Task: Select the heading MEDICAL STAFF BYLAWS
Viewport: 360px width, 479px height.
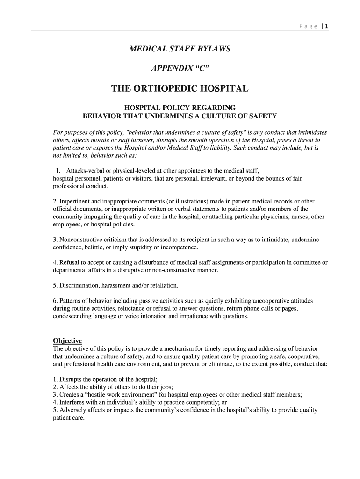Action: [180, 49]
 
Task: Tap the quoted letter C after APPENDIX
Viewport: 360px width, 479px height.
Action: [201, 68]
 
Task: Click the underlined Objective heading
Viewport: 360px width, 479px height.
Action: [67, 341]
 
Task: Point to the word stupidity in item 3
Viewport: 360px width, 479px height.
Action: [133, 247]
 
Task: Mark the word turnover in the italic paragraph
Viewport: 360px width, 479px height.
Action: [118, 140]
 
